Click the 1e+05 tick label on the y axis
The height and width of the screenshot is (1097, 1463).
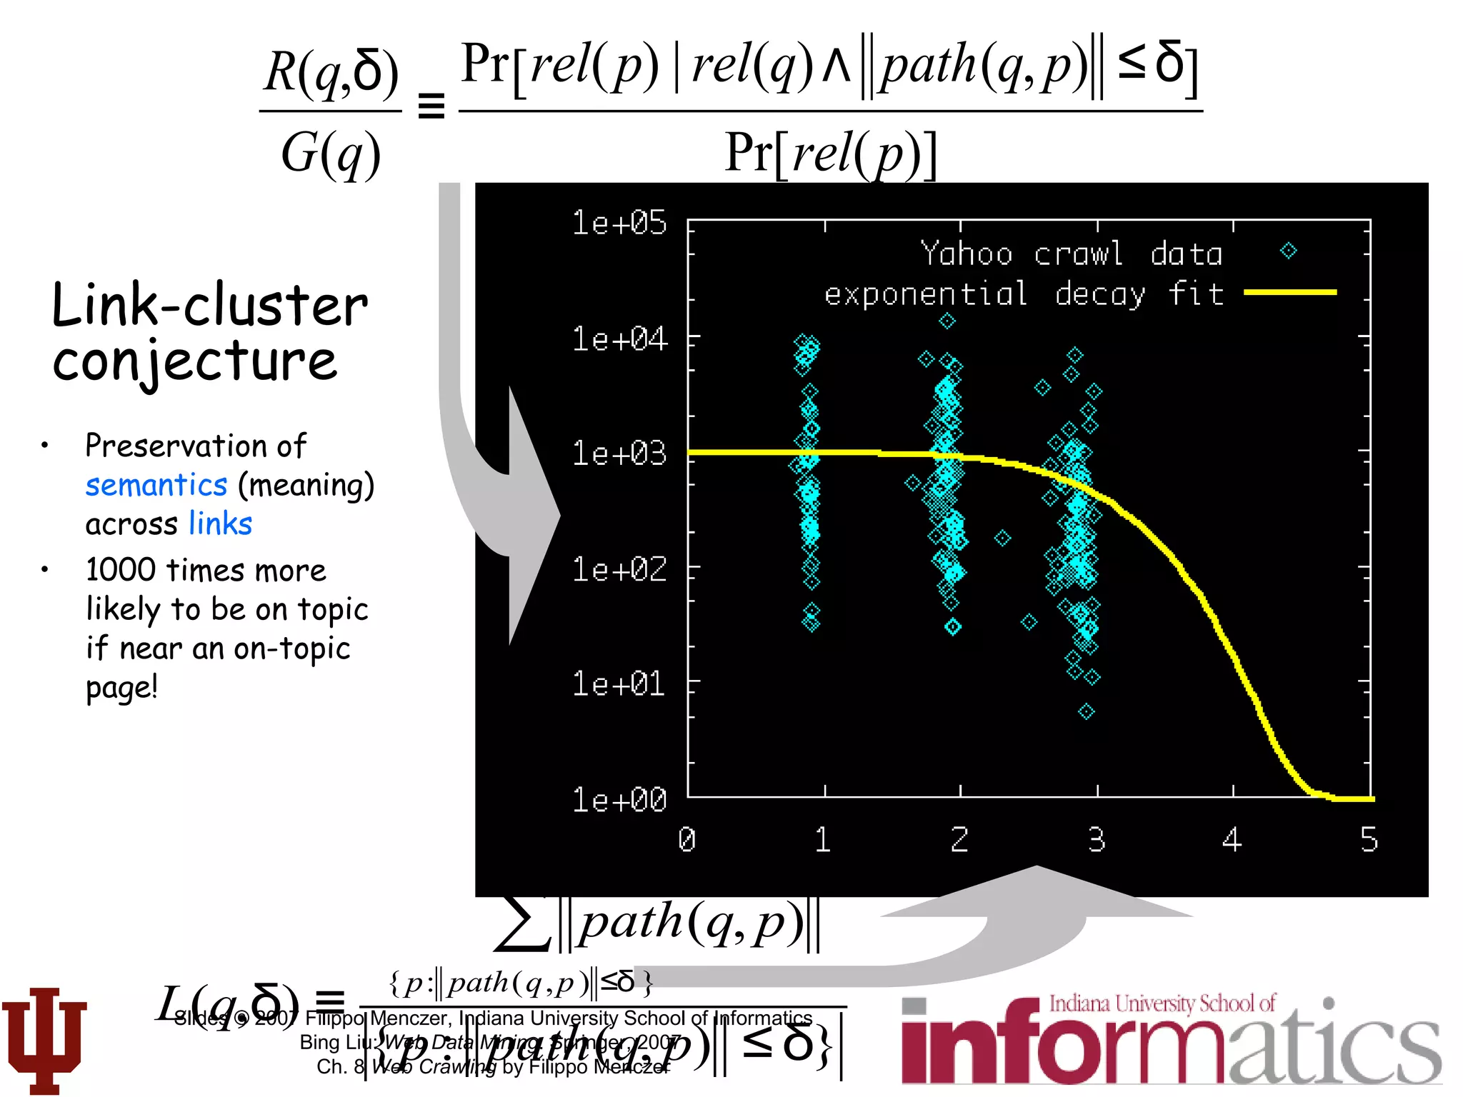coord(619,223)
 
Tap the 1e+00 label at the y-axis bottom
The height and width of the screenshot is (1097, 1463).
coord(619,800)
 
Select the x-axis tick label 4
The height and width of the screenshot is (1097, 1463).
coord(1232,840)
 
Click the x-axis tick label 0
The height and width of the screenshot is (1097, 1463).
coord(686,840)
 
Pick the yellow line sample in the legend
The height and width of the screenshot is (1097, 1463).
coord(1289,292)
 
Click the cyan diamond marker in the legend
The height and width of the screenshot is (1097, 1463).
coord(1289,251)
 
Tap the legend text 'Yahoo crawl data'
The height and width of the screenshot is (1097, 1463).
coord(1072,254)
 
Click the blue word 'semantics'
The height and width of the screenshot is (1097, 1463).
coord(156,485)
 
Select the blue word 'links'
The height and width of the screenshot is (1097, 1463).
coord(221,524)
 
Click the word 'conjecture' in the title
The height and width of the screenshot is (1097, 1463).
coord(194,361)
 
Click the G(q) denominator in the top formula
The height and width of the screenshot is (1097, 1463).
coord(330,154)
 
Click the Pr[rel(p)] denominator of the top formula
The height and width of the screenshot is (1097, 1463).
coord(830,154)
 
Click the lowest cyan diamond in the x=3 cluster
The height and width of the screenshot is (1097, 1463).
coord(1087,711)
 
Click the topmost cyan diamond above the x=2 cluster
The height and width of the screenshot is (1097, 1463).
coord(947,321)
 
